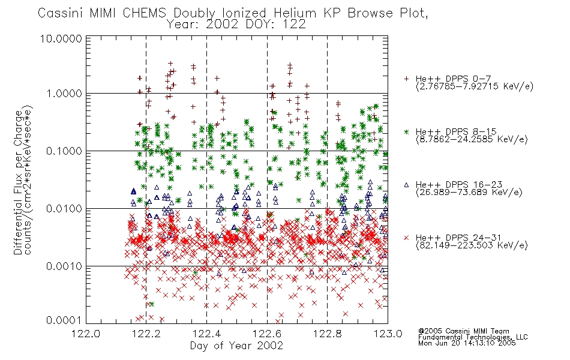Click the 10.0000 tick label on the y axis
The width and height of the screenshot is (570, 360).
(61, 38)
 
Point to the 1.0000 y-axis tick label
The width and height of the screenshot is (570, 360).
(64, 94)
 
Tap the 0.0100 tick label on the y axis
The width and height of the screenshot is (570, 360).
(64, 209)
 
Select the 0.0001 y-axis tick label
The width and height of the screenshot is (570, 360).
(64, 320)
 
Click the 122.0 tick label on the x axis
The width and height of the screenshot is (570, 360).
(86, 334)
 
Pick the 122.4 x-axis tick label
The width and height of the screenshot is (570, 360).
(206, 334)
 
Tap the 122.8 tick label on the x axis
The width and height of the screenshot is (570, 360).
(327, 334)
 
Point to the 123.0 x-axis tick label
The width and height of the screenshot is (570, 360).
(388, 334)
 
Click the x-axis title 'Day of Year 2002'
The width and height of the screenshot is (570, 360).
(236, 346)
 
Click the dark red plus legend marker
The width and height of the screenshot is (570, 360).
(406, 79)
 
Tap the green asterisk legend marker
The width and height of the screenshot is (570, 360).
(406, 131)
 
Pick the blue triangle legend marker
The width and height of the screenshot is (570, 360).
(406, 185)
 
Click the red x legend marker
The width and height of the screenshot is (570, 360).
(406, 238)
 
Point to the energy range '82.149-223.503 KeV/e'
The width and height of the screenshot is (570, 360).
(472, 245)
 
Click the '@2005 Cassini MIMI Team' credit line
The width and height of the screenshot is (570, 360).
(464, 331)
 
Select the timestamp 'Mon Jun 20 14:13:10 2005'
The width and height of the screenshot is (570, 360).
(467, 343)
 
